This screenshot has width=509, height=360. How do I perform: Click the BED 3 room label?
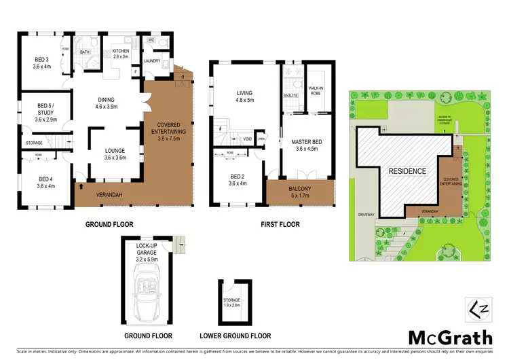pos(42,63)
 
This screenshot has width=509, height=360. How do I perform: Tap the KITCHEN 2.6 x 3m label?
pos(120,53)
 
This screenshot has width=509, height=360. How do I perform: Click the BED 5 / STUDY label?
pos(42,115)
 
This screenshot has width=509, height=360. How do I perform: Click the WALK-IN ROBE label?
pos(316,90)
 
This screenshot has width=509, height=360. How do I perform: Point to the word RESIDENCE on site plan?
pos(407,171)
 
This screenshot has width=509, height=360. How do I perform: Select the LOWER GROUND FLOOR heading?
pos(235,336)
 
